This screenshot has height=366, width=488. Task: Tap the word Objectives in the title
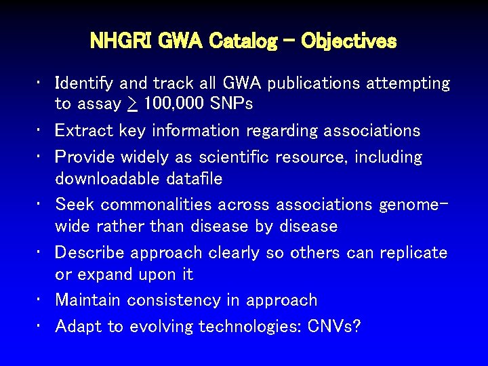tap(348, 41)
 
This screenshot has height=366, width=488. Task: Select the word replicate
tap(413, 253)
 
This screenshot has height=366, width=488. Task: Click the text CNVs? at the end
tap(334, 327)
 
